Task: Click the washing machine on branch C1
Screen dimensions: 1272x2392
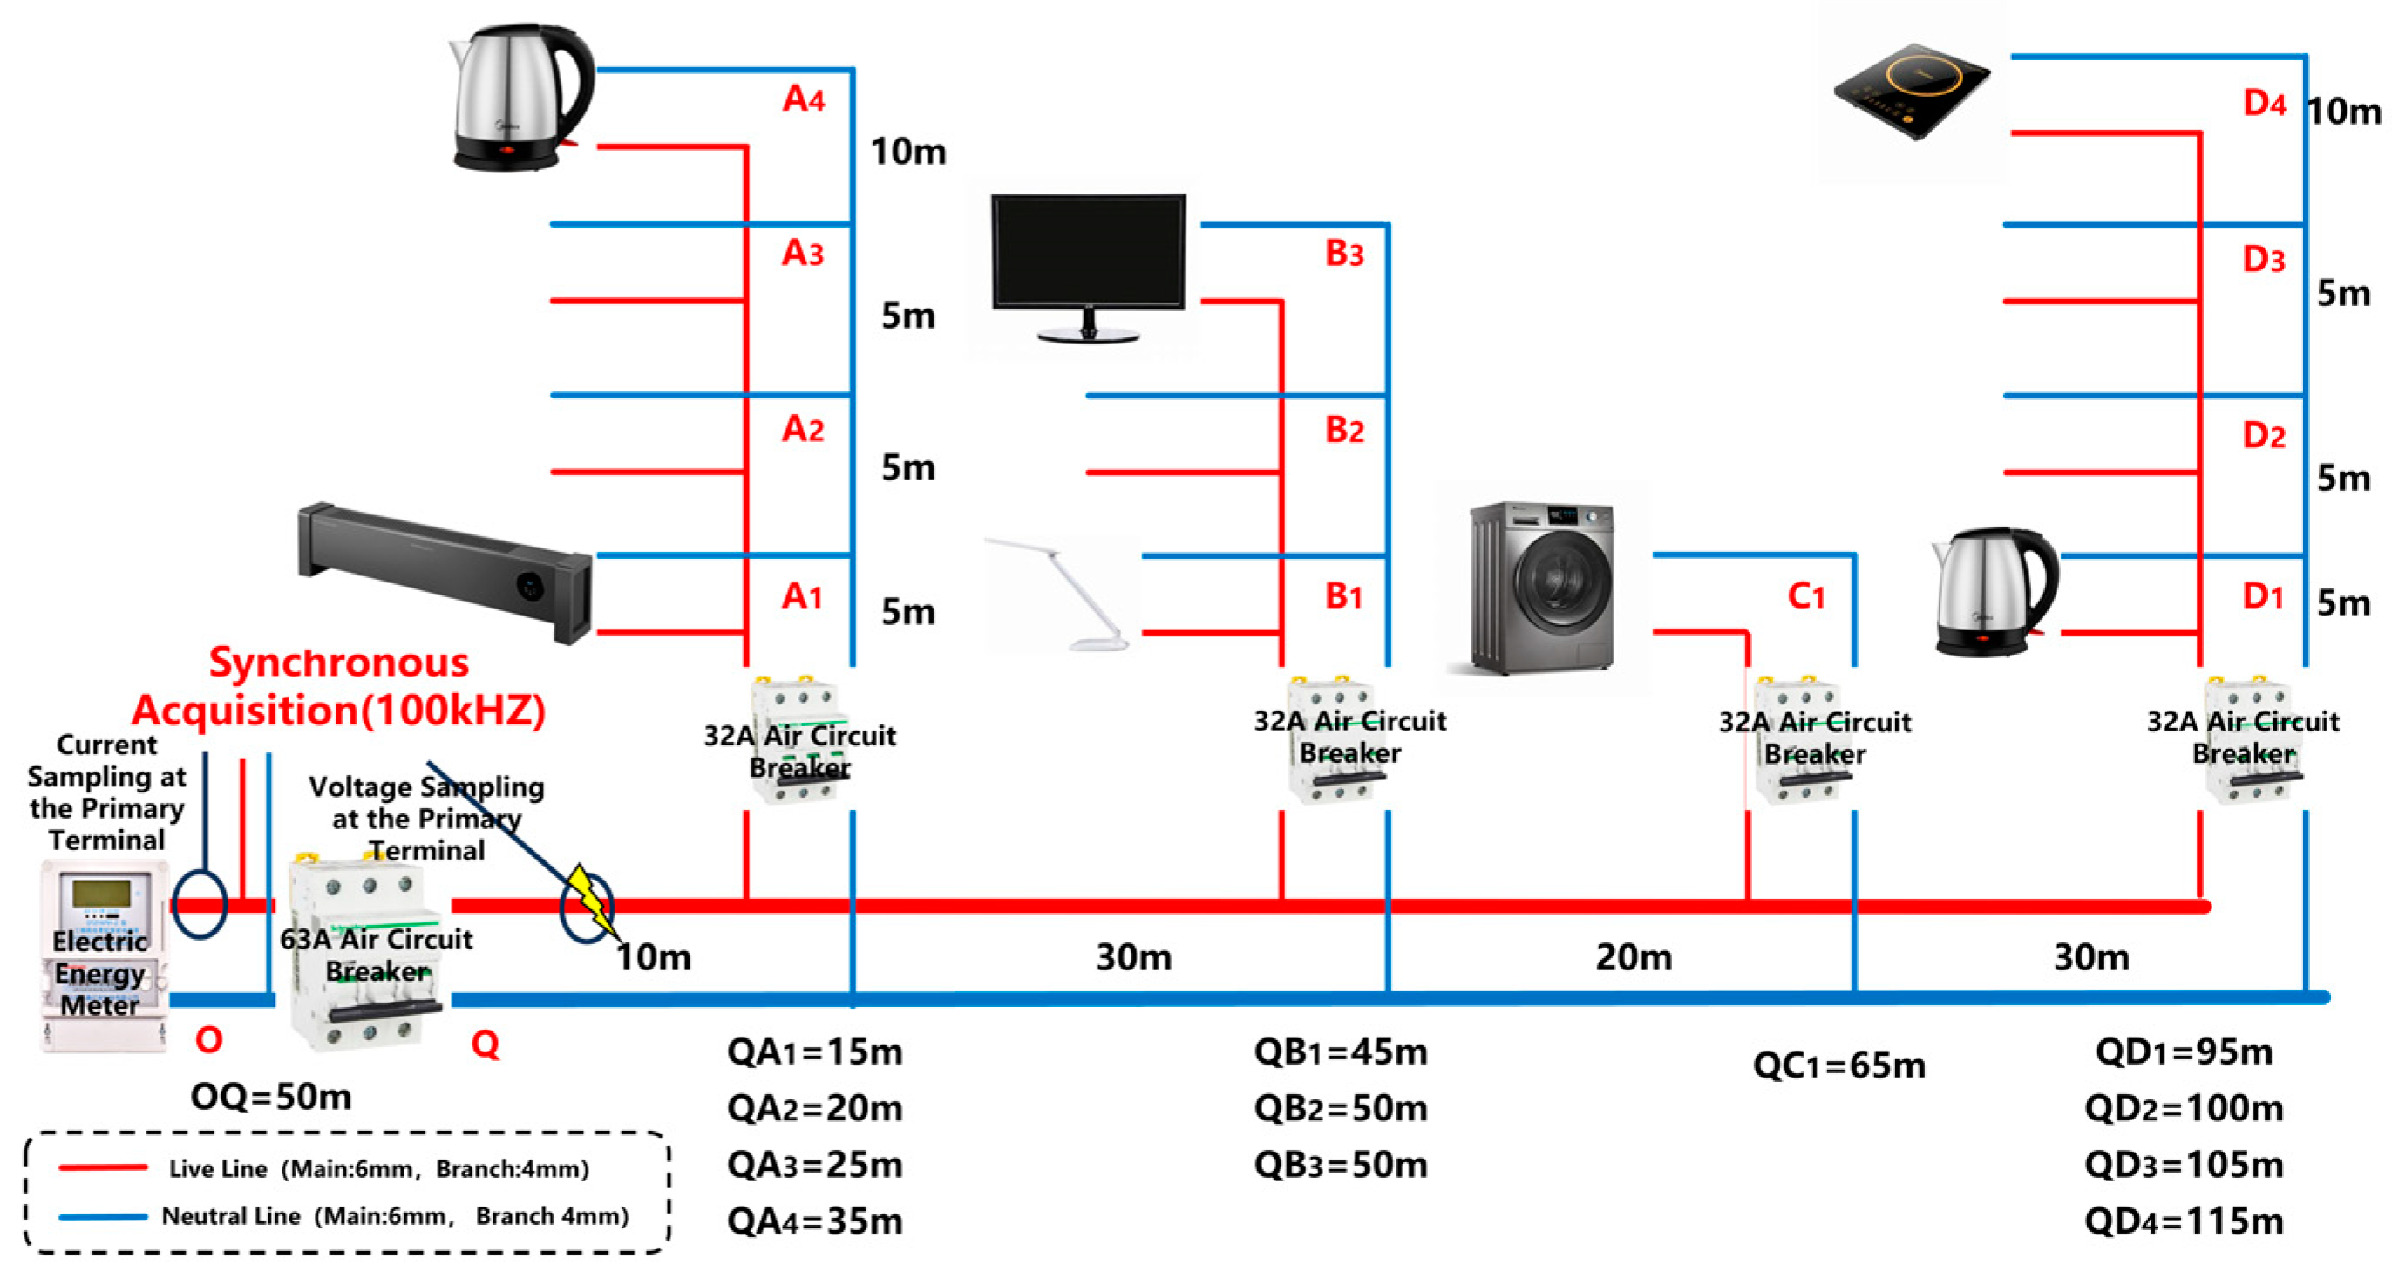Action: pyautogui.click(x=1542, y=587)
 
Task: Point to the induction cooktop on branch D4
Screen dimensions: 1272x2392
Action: pyautogui.click(x=1911, y=92)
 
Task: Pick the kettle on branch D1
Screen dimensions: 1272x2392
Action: pyautogui.click(x=1994, y=592)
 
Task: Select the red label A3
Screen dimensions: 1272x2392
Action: pyautogui.click(x=802, y=253)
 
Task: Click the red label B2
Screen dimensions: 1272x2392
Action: pyautogui.click(x=1343, y=430)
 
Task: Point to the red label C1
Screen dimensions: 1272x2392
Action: pyautogui.click(x=1805, y=596)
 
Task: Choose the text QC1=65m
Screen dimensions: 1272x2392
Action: pyautogui.click(x=1838, y=1065)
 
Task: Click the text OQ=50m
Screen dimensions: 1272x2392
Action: pyautogui.click(x=271, y=1097)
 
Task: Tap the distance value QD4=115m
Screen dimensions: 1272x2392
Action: pyautogui.click(x=2183, y=1220)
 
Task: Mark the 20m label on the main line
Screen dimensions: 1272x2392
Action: pyautogui.click(x=1634, y=957)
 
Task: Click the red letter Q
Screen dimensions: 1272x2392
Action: pyautogui.click(x=485, y=1044)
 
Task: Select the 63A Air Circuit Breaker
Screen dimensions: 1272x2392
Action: pyautogui.click(x=367, y=952)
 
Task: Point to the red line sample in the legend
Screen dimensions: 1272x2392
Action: pyautogui.click(x=102, y=1167)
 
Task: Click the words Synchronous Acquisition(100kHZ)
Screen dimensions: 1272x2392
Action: pyautogui.click(x=339, y=687)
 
